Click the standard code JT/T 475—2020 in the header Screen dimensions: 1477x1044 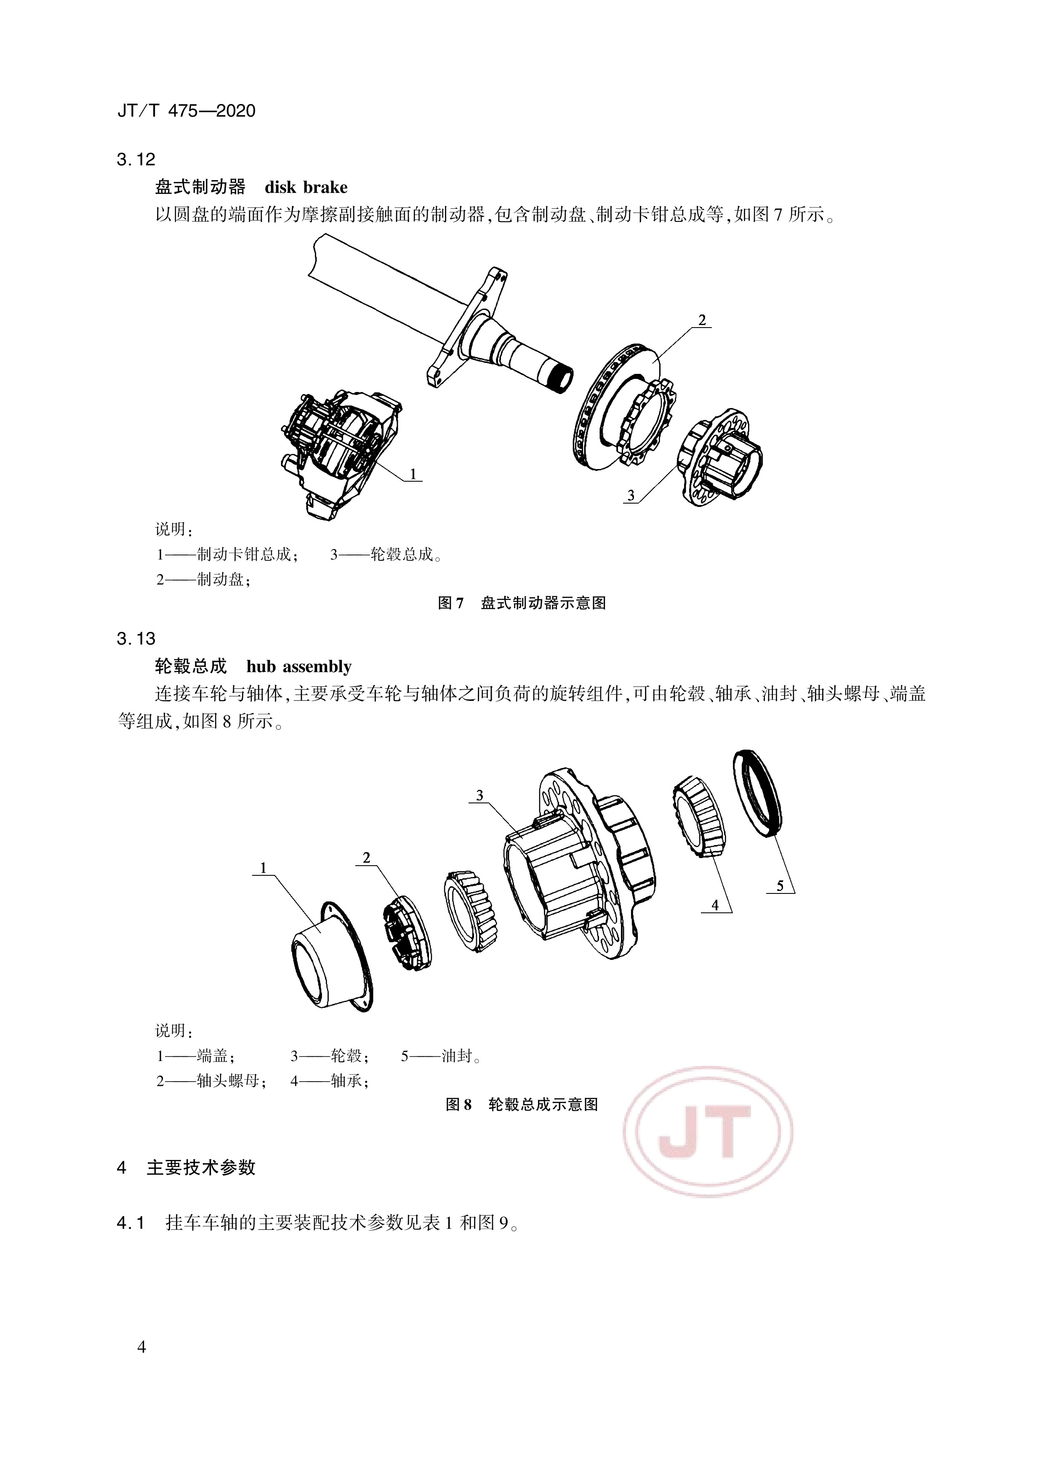coord(186,111)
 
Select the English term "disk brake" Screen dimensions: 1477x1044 coord(306,187)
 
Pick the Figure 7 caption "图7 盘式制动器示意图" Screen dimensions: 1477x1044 coord(522,603)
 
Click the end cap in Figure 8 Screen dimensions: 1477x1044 coord(329,957)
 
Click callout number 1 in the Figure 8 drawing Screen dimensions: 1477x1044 coord(263,869)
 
